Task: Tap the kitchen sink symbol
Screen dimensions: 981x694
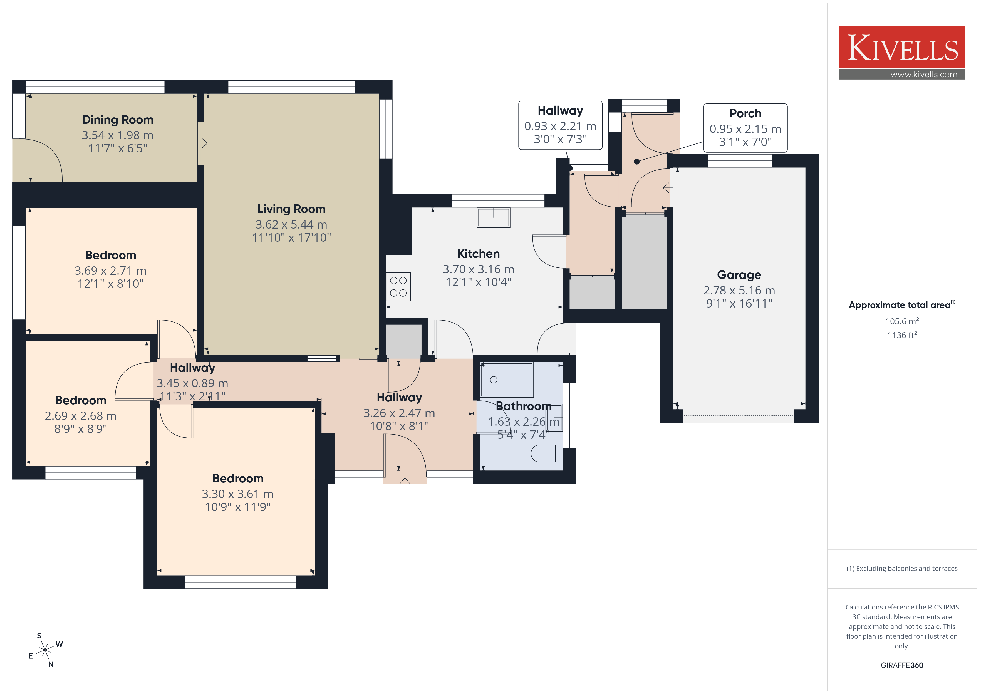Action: click(x=494, y=217)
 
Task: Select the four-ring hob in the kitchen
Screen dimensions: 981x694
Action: click(x=398, y=287)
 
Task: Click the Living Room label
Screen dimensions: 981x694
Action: click(x=291, y=209)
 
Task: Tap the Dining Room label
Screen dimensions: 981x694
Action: click(x=118, y=120)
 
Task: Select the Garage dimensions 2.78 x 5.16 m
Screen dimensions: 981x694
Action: click(x=739, y=290)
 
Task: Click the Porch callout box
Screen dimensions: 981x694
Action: click(x=745, y=128)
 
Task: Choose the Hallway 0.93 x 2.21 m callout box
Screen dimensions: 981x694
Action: click(x=560, y=125)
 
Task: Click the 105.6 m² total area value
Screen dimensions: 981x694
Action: click(x=902, y=321)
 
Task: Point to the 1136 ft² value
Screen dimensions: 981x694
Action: click(x=902, y=335)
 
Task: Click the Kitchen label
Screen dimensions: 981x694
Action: click(x=479, y=254)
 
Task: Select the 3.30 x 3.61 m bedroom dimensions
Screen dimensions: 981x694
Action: click(x=237, y=494)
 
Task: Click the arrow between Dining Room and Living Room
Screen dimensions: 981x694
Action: click(x=203, y=143)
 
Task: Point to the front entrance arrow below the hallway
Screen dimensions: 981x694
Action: click(x=405, y=483)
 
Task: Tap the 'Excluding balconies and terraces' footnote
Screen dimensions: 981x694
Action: click(x=902, y=568)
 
